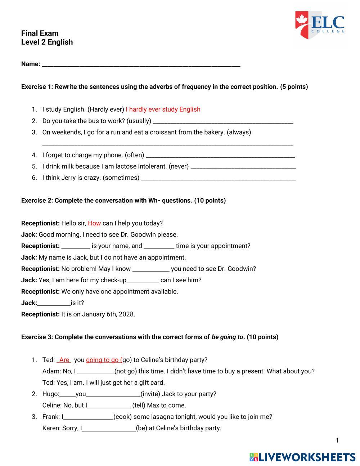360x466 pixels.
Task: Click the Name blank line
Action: pos(141,65)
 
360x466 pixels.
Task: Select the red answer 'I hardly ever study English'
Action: pos(163,109)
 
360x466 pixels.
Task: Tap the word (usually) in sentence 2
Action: pos(139,121)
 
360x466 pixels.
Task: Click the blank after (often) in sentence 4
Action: pos(220,156)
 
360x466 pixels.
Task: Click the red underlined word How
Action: pos(94,223)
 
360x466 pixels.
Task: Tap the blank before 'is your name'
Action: pos(76,247)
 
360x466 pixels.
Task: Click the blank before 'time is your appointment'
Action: pos(159,247)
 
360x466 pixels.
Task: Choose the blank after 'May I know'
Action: pos(151,269)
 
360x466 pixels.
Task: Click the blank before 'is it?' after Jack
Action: pos(54,304)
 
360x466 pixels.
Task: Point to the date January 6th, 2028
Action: pos(108,314)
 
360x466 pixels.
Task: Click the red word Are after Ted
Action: pos(64,360)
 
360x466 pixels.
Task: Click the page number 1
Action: pos(337,440)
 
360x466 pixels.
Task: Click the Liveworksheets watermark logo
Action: pos(302,457)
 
